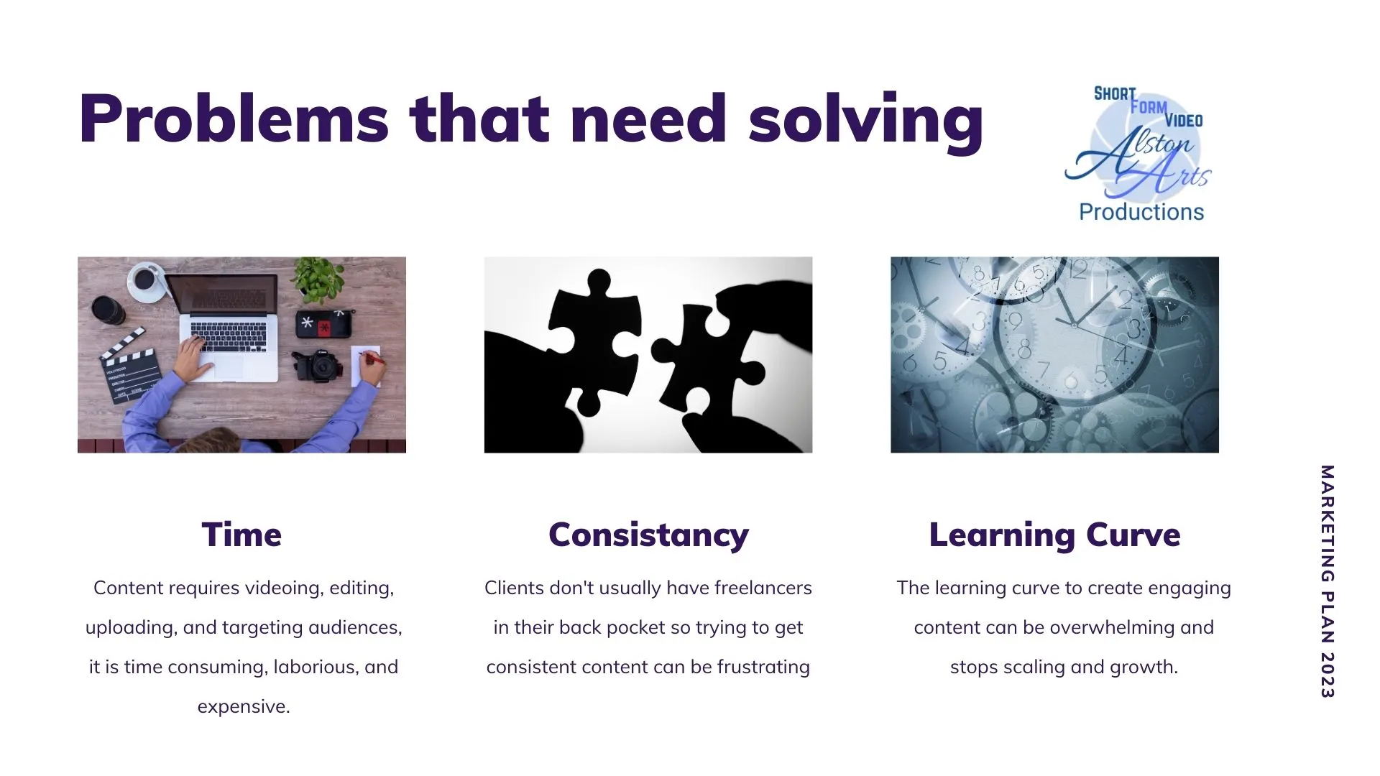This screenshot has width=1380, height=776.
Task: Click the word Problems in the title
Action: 234,119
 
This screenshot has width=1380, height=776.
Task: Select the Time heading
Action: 241,535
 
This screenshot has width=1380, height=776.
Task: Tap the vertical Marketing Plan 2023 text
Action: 1327,581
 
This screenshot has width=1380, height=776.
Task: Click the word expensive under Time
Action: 243,707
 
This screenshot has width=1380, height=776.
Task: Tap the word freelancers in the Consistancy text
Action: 763,588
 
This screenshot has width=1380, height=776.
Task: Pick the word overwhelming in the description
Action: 1112,628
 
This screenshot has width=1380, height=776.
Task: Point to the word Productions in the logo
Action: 1141,212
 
